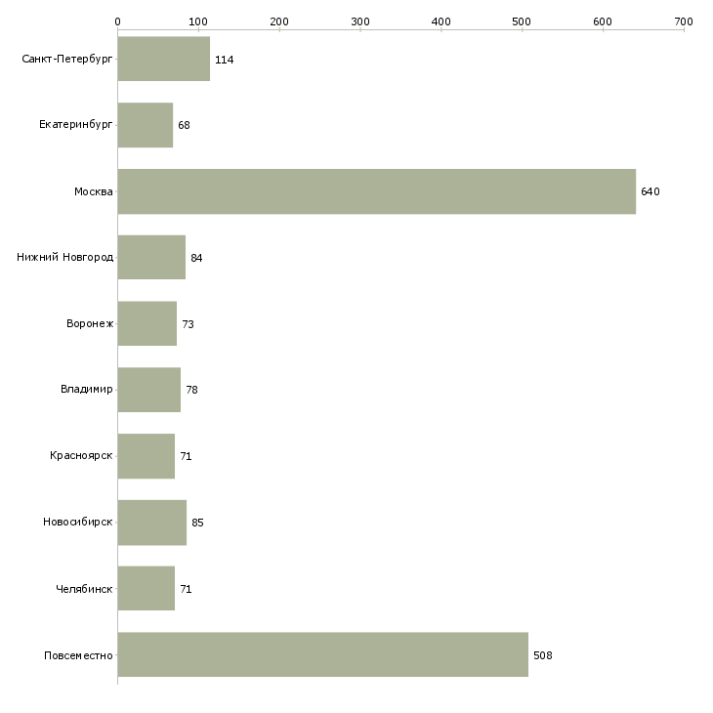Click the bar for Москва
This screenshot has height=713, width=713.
376,191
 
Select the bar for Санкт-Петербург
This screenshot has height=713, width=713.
164,59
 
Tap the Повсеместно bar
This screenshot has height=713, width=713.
323,654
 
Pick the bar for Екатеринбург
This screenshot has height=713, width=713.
146,125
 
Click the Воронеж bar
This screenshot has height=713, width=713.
147,323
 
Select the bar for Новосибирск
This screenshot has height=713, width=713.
151,523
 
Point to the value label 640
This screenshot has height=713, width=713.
650,191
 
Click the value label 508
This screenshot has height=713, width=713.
543,655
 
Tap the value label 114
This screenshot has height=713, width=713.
225,60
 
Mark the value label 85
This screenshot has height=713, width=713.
197,523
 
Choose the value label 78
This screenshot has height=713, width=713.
191,390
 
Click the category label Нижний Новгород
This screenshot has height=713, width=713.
64,258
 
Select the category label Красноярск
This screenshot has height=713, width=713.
81,455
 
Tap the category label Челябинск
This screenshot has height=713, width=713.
84,589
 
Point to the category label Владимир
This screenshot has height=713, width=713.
86,390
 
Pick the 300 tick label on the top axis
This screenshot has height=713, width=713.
360,21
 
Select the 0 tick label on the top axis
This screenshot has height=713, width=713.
118,21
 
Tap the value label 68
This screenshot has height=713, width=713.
184,125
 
